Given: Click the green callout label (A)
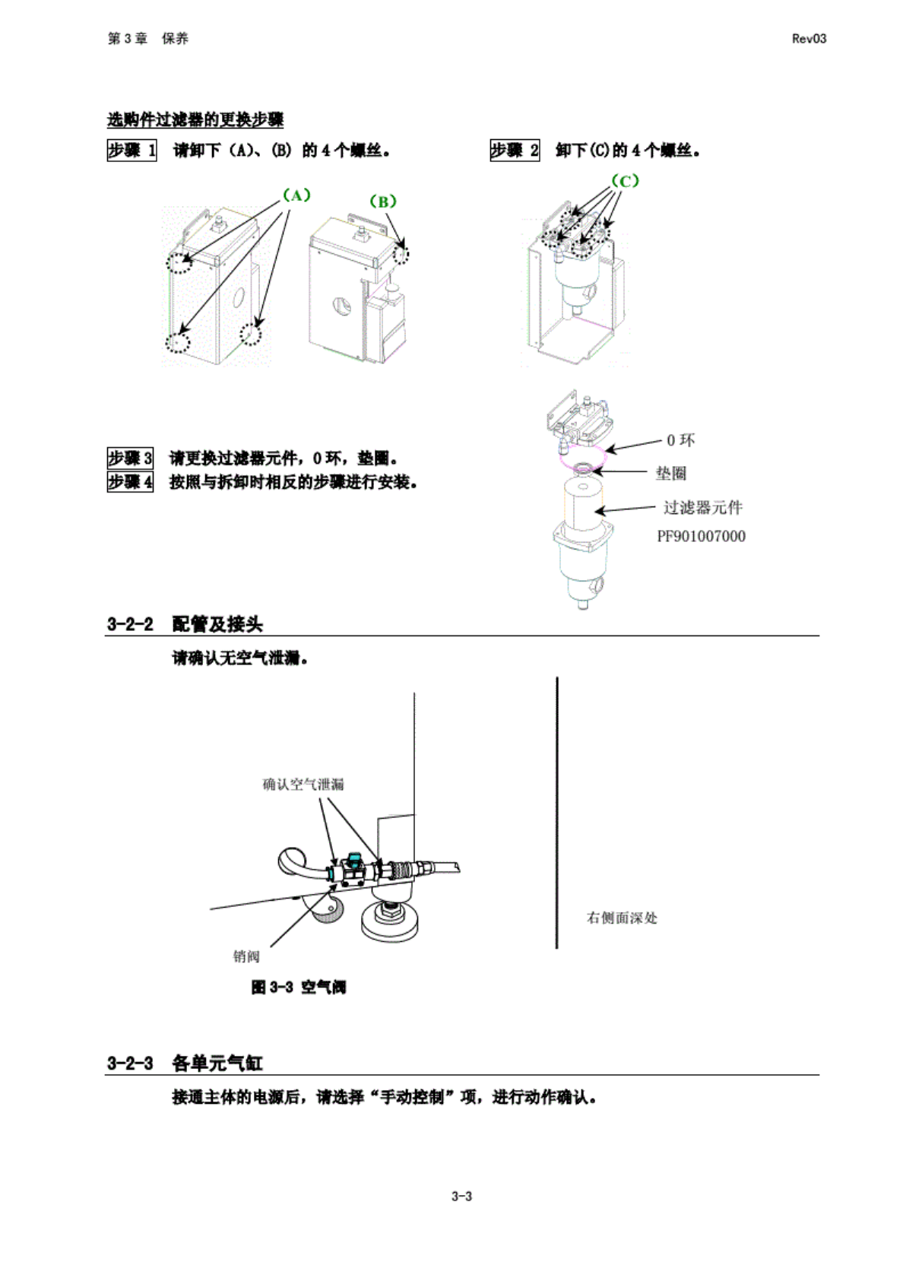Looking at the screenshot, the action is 296,195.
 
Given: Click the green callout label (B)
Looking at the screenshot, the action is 382,201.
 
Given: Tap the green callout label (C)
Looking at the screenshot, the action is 625,181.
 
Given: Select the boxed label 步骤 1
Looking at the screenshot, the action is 131,151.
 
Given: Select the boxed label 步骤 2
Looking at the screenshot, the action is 515,151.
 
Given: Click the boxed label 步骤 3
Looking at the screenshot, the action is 130,458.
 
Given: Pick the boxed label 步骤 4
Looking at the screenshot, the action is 130,481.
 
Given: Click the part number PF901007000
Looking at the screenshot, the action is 701,536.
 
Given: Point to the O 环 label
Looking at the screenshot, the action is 680,440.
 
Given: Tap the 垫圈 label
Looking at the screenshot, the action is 671,473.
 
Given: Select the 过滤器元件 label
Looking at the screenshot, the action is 702,507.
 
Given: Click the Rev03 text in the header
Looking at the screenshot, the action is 809,39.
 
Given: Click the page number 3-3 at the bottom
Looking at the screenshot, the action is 461,1196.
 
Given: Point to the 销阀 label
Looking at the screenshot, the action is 246,956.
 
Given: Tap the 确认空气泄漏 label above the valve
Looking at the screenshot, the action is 303,784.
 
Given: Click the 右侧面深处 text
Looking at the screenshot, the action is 622,918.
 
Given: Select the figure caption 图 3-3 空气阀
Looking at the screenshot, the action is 299,987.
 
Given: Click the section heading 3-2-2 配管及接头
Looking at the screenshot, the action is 185,624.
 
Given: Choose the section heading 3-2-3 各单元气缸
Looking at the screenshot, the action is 185,1063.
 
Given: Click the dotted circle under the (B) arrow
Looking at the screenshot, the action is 401,254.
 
